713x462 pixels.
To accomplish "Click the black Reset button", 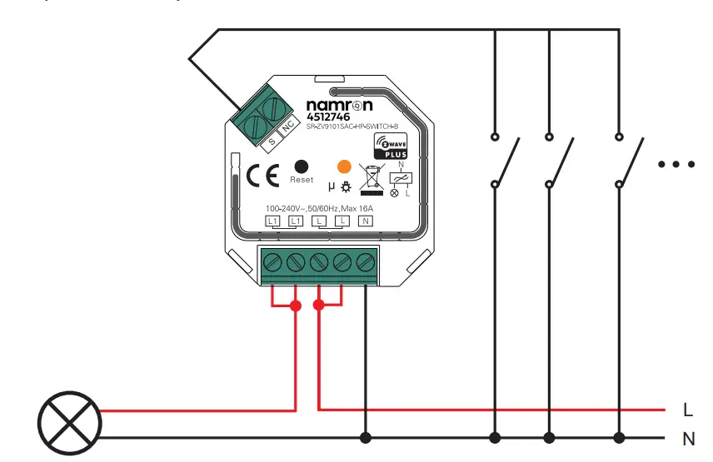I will coord(302,166).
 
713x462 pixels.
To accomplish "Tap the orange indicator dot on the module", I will coord(344,166).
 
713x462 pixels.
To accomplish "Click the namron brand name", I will coord(339,106).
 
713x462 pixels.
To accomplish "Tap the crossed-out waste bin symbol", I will coord(368,180).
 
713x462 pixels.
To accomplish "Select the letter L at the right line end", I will coord(687,410).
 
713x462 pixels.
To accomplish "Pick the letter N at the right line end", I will coord(688,438).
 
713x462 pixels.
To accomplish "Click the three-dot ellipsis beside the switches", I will coord(676,165).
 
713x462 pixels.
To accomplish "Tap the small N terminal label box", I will coord(365,221).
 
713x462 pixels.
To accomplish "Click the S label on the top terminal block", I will coord(272,142).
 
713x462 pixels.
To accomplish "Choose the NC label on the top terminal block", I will coord(287,127).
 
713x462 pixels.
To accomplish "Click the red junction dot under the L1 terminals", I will coord(295,306).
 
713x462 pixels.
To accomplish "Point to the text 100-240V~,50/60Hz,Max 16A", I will coord(320,207).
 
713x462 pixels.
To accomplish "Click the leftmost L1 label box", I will coord(272,221).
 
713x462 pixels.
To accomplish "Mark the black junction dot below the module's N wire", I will coord(365,437).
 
